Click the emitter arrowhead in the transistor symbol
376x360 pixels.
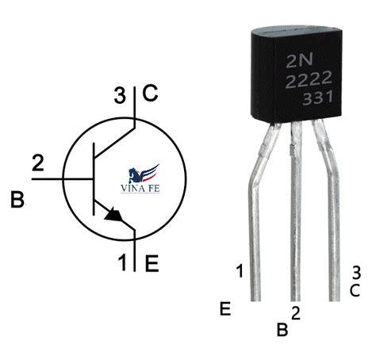(x=113, y=215)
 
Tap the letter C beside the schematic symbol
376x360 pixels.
(x=150, y=94)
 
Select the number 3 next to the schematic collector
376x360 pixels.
(x=120, y=95)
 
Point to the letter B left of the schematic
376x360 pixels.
(x=17, y=200)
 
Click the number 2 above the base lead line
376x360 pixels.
(x=38, y=163)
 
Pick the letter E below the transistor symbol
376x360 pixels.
(x=152, y=263)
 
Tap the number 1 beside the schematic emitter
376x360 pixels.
(x=122, y=262)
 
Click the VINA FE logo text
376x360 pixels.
(x=140, y=189)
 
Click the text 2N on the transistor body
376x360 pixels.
(x=300, y=59)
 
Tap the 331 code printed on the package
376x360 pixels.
(x=317, y=98)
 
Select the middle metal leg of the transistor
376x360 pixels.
(x=296, y=212)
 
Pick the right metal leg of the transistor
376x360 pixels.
(x=331, y=212)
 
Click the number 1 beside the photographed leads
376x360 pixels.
(x=240, y=271)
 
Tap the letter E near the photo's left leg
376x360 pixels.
(x=225, y=308)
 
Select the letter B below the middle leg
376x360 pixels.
(x=282, y=329)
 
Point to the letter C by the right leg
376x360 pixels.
(x=355, y=291)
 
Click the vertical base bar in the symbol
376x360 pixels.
(x=94, y=179)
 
